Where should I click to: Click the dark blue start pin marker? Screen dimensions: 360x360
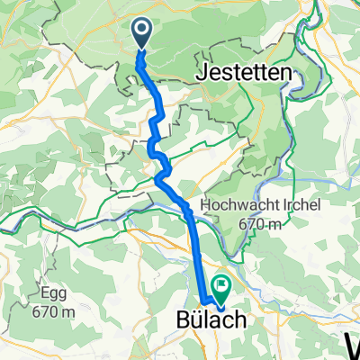[x=143, y=34]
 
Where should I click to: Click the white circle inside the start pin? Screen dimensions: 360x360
[x=143, y=31]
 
